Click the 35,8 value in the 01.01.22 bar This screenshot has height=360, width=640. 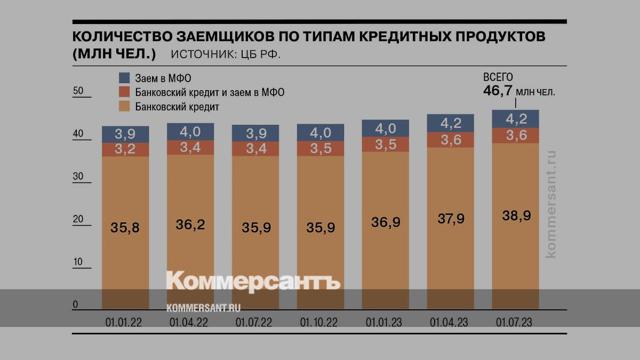click(125, 228)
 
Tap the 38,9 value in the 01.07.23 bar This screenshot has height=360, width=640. click(516, 216)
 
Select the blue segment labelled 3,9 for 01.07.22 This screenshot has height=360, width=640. click(255, 133)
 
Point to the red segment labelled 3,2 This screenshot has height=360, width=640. click(125, 149)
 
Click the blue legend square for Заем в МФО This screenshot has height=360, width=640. click(124, 78)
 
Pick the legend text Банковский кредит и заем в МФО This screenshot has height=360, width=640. click(210, 92)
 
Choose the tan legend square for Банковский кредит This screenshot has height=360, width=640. click(124, 107)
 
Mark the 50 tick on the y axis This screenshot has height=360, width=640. click(78, 91)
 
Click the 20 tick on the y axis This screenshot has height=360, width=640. click(78, 219)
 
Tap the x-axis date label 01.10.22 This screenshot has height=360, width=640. click(319, 322)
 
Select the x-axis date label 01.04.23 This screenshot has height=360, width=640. click(450, 322)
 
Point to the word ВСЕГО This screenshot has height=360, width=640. click(498, 78)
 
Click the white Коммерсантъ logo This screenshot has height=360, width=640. click(253, 282)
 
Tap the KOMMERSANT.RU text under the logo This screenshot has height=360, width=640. click(203, 308)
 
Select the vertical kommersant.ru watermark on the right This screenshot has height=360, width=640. click(551, 203)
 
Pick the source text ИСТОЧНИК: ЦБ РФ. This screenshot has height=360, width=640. click(225, 54)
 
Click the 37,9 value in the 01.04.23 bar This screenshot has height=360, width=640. click(450, 219)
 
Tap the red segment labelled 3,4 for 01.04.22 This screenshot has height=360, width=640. click(190, 148)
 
